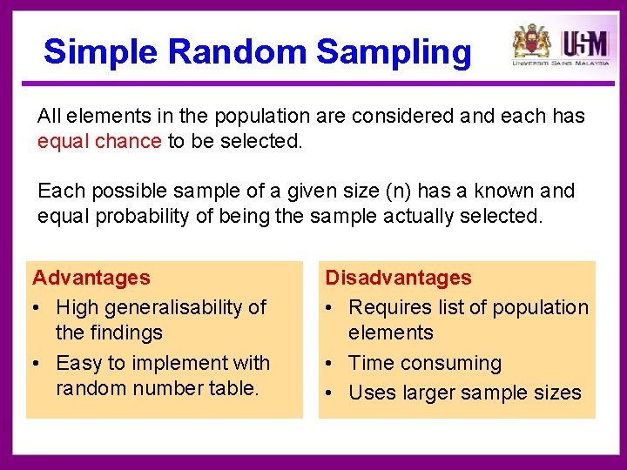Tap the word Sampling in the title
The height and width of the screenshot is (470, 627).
point(394,52)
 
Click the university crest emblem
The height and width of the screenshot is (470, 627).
point(531,41)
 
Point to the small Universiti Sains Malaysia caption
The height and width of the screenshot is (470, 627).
point(561,64)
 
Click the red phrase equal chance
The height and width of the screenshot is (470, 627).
point(99,141)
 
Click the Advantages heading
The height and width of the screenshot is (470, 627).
point(91,279)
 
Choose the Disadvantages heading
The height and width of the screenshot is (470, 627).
point(398,279)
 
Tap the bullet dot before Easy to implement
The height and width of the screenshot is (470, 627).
point(38,363)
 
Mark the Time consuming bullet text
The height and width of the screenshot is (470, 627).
point(425,363)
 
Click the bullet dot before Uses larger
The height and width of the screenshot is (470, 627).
point(331,393)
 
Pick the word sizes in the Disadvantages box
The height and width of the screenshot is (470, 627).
point(558,393)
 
